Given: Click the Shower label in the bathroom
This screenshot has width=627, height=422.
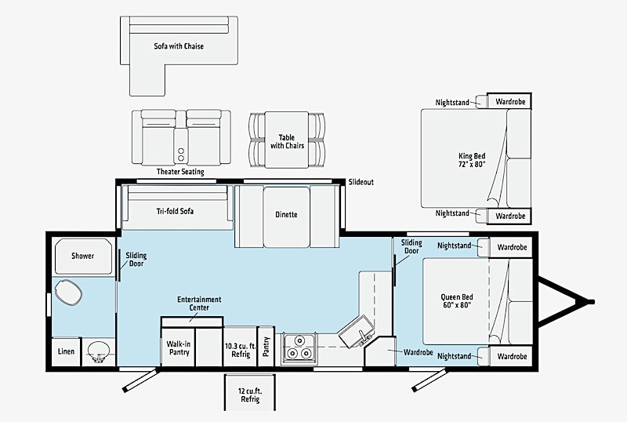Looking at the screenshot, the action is pyautogui.click(x=83, y=256).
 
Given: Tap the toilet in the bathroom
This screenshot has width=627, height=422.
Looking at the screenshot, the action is pyautogui.click(x=68, y=293).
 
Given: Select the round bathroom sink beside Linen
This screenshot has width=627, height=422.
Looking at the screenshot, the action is pyautogui.click(x=98, y=351).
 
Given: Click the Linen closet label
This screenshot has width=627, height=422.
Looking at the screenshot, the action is pyautogui.click(x=67, y=351).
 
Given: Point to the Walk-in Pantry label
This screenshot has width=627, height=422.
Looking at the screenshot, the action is pyautogui.click(x=179, y=348).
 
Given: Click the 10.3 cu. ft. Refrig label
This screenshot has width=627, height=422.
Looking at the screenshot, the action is pyautogui.click(x=241, y=351).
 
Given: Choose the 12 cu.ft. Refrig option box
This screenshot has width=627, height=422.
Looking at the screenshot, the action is pyautogui.click(x=250, y=393).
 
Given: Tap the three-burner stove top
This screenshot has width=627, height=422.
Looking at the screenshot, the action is pyautogui.click(x=299, y=347).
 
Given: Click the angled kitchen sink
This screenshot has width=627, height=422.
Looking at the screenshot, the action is pyautogui.click(x=357, y=331).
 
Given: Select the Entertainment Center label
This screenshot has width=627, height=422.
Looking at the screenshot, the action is pyautogui.click(x=199, y=304).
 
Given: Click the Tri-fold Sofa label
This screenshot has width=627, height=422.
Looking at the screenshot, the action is pyautogui.click(x=175, y=211).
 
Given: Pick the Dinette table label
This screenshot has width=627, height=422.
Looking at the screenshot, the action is pyautogui.click(x=286, y=215).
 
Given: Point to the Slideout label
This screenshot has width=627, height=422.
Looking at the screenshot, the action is pyautogui.click(x=361, y=182).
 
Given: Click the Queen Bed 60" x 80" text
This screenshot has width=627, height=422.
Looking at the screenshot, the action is pyautogui.click(x=457, y=301).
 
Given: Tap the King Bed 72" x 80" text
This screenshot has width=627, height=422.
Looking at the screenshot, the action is pyautogui.click(x=472, y=160).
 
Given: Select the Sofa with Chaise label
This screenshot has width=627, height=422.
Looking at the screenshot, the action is pyautogui.click(x=179, y=46).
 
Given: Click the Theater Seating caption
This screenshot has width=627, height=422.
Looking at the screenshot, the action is pyautogui.click(x=180, y=172).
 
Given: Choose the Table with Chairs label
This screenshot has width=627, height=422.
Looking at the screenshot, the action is pyautogui.click(x=287, y=142).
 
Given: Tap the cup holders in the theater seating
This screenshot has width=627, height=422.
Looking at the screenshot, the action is pyautogui.click(x=181, y=155).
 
